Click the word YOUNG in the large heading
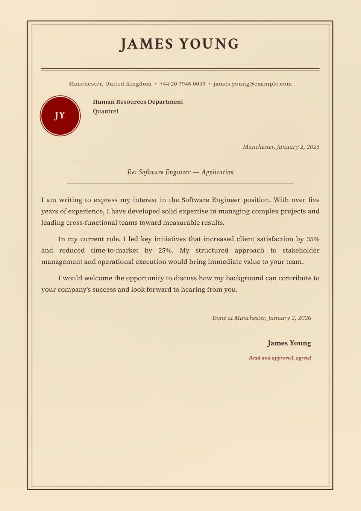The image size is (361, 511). (x=209, y=44)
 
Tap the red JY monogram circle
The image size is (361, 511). (x=60, y=116)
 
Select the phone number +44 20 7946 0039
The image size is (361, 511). (x=182, y=84)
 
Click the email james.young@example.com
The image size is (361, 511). (x=252, y=84)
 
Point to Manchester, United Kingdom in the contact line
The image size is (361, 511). (x=110, y=84)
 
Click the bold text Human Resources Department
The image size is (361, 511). (x=138, y=102)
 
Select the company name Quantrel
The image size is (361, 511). (x=105, y=111)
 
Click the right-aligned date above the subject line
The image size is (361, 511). (x=281, y=147)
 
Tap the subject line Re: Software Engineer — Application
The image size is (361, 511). (x=180, y=172)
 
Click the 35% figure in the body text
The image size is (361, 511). (x=313, y=239)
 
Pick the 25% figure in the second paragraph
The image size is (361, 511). (x=165, y=250)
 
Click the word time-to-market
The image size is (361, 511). (x=114, y=250)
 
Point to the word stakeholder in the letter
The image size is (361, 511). (x=301, y=250)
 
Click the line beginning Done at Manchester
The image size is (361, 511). (x=261, y=318)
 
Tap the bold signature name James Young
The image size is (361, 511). (x=289, y=343)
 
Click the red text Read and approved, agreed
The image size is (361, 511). (x=280, y=358)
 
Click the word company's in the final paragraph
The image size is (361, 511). (x=74, y=289)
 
